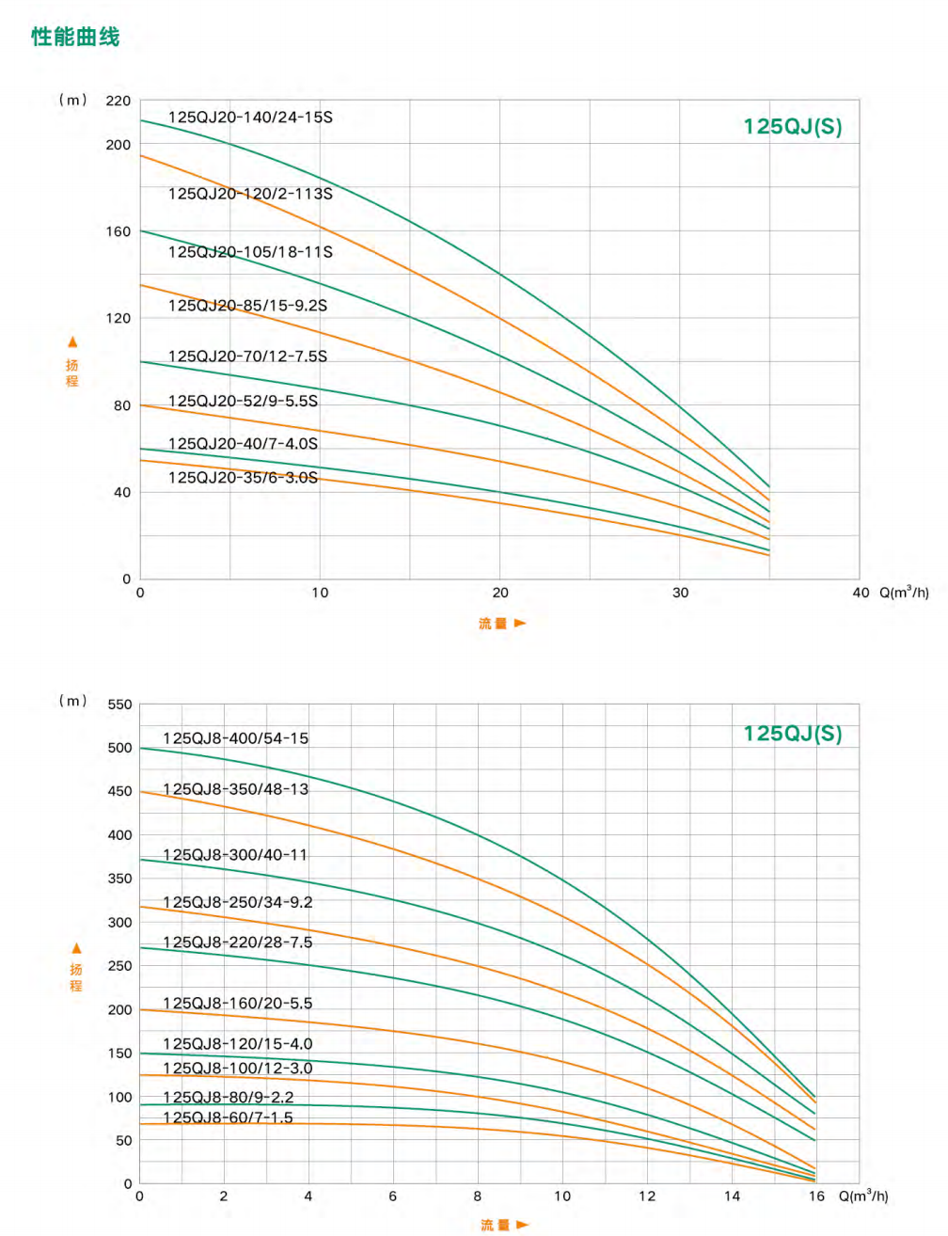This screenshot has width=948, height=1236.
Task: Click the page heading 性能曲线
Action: [75, 37]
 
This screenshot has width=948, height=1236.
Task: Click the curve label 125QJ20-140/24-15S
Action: [250, 118]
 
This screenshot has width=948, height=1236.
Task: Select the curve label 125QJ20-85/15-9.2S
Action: [247, 306]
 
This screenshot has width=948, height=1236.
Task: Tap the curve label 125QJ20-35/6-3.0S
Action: [243, 478]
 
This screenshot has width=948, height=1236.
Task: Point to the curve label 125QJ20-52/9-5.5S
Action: [243, 402]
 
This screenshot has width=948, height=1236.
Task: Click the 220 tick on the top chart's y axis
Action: [118, 101]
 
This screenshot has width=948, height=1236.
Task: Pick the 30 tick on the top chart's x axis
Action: [680, 593]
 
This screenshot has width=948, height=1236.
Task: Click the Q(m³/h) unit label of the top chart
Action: [904, 593]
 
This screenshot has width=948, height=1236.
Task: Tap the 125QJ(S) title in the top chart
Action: [792, 127]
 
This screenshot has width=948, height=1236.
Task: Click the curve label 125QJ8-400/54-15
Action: [235, 738]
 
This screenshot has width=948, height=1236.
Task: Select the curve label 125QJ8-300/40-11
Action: [235, 855]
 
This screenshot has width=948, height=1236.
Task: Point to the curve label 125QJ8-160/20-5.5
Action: [237, 1004]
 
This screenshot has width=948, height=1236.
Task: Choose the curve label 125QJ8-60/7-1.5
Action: [228, 1117]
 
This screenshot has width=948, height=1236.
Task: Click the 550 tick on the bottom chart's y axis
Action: [120, 705]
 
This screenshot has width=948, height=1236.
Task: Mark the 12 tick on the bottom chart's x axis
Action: [647, 1196]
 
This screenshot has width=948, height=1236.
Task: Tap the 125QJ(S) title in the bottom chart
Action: [792, 734]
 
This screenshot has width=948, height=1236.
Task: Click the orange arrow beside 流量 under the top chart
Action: [520, 623]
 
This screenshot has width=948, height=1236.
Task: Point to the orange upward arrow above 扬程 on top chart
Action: [72, 342]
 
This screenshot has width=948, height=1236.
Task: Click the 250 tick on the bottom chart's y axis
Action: [120, 966]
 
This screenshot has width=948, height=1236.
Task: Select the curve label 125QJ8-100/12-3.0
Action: [237, 1069]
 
